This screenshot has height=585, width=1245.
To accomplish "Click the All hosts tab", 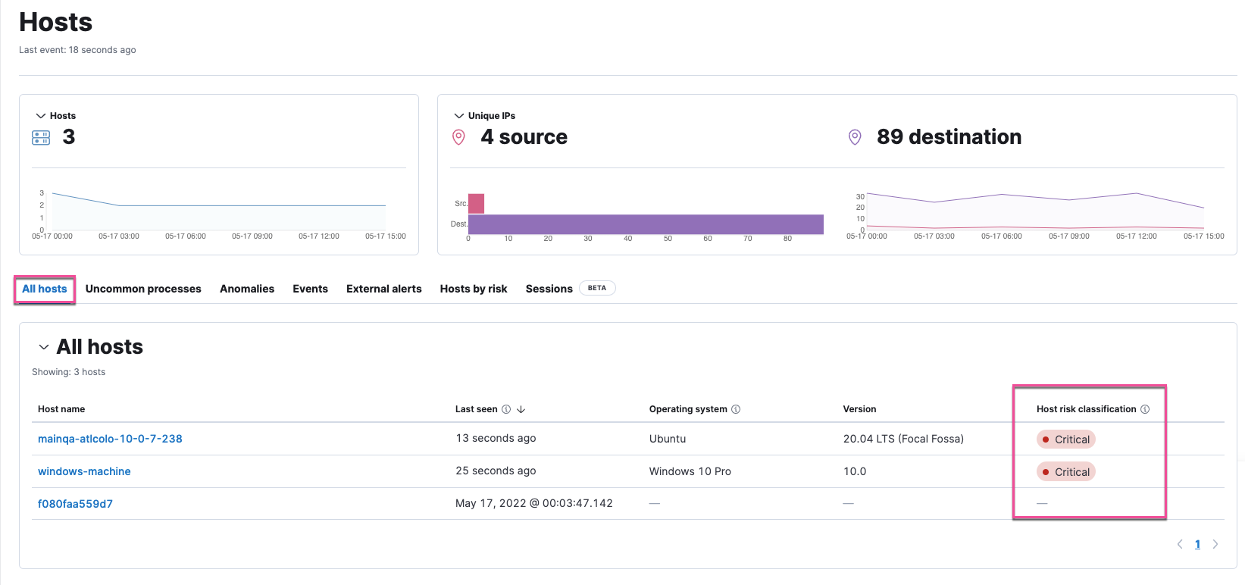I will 45,289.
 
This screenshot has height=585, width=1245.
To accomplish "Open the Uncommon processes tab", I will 143,289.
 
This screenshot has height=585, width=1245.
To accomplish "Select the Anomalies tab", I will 247,289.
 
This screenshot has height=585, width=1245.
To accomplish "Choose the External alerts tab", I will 383,289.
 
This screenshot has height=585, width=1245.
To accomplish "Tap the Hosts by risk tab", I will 474,289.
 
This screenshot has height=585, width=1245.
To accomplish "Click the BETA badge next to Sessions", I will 597,288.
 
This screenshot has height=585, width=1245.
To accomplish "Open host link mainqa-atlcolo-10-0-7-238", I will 110,439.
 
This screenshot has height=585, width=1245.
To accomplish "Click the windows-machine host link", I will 84,471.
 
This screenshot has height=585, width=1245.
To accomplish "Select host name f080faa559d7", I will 75,504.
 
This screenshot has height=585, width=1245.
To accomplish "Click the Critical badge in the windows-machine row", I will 1066,472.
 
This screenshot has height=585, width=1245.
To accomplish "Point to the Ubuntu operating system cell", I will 668,439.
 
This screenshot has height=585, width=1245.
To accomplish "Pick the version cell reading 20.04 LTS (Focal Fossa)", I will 903,439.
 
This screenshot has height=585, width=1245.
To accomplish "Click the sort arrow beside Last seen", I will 521,409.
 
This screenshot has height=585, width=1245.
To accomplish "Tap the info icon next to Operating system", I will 736,409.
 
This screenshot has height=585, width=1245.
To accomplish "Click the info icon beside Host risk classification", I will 1145,409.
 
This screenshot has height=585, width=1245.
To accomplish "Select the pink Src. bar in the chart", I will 476,203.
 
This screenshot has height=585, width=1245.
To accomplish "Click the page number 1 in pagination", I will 1197,544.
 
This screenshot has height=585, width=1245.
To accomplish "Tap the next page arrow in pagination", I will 1215,544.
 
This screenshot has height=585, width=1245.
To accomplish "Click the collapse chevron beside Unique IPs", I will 458,116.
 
